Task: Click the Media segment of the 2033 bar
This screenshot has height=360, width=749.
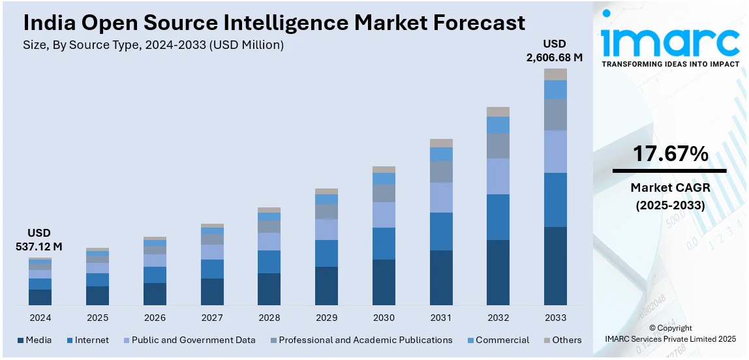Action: click(555, 265)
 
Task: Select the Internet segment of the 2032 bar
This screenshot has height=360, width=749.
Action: click(498, 217)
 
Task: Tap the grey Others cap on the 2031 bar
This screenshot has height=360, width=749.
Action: click(440, 143)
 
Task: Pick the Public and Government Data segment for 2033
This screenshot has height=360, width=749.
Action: click(555, 151)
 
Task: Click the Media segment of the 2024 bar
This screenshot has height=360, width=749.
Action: click(40, 297)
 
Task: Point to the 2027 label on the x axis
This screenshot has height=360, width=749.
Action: click(212, 318)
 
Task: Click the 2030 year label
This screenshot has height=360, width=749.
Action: click(384, 318)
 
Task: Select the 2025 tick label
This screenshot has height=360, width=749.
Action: click(97, 318)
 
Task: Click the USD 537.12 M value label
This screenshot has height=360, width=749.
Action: click(38, 240)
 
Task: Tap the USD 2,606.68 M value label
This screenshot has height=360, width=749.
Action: click(555, 51)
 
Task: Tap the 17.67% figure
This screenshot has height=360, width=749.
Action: click(670, 155)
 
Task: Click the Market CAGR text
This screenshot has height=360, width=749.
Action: click(670, 188)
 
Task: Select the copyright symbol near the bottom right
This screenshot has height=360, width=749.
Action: click(652, 328)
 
